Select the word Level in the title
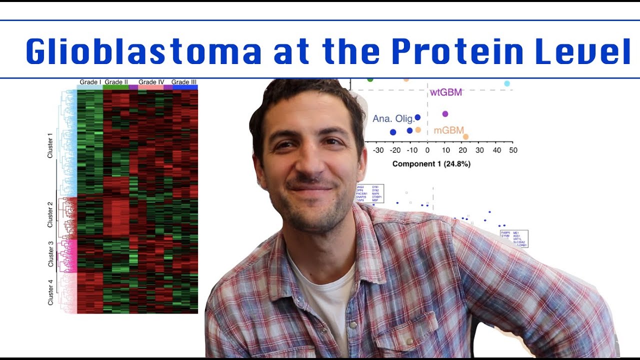[x=582, y=51]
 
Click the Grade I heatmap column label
[x=90, y=82]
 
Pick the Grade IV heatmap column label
[x=151, y=82]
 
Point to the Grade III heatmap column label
[x=184, y=82]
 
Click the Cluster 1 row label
[x=50, y=145]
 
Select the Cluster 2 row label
[x=50, y=214]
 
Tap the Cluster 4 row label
[x=50, y=292]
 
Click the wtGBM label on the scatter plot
[x=446, y=92]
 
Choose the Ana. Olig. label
[x=393, y=119]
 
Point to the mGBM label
[x=448, y=130]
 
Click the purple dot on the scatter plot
[x=445, y=114]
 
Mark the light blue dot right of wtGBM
[x=507, y=83]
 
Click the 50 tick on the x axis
[x=513, y=150]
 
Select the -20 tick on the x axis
[x=394, y=150]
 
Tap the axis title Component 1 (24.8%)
[x=431, y=163]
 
